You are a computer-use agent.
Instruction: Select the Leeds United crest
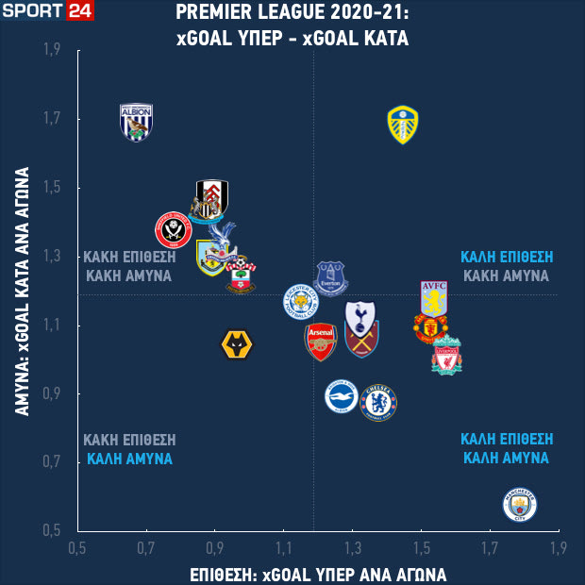403,125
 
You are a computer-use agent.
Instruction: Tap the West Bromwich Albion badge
137,122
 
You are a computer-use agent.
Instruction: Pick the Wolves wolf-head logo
236,345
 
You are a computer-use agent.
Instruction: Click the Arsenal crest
321,343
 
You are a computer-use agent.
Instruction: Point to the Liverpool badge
447,357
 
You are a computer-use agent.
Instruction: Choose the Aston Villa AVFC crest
434,298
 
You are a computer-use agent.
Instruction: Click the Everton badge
331,278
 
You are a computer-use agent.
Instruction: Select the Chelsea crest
378,402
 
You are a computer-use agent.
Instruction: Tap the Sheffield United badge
173,229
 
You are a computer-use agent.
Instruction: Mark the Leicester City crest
301,302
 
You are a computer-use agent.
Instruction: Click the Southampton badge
240,274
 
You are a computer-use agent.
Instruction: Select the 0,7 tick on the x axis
145,547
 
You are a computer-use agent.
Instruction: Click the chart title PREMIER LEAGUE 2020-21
291,13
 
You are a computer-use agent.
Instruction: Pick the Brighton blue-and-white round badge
342,396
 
